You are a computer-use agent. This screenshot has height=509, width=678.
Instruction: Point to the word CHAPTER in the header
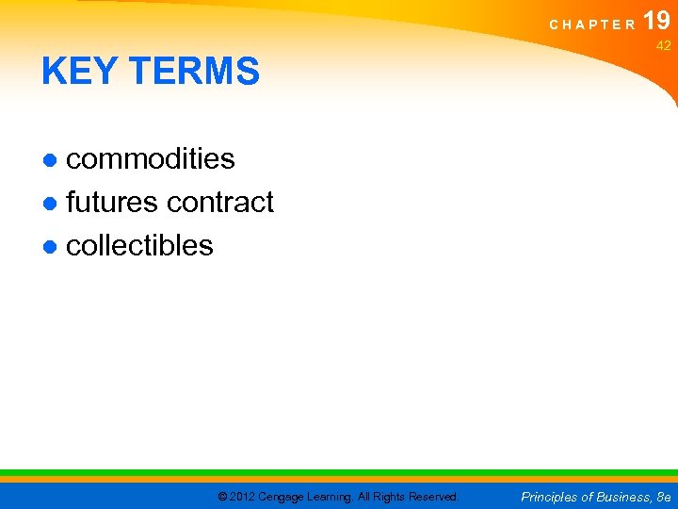tap(592, 25)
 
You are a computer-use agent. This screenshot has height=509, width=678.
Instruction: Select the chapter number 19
tap(656, 21)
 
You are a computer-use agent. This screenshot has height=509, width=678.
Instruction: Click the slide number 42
tap(663, 46)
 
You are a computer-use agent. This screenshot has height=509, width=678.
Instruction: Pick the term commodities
tap(151, 159)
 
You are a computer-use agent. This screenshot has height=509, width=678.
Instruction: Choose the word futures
tap(112, 203)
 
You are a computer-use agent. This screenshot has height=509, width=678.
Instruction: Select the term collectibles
tap(139, 246)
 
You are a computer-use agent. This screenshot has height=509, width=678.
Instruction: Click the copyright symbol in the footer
tap(222, 497)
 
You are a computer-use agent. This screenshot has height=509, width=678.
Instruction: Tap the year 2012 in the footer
tap(243, 497)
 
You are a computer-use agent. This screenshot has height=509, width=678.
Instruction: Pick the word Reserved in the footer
tap(433, 497)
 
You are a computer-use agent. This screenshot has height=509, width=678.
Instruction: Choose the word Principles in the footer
tap(551, 497)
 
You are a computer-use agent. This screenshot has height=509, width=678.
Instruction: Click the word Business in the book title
tap(623, 497)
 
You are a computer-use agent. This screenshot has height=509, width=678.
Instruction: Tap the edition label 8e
tap(663, 497)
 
